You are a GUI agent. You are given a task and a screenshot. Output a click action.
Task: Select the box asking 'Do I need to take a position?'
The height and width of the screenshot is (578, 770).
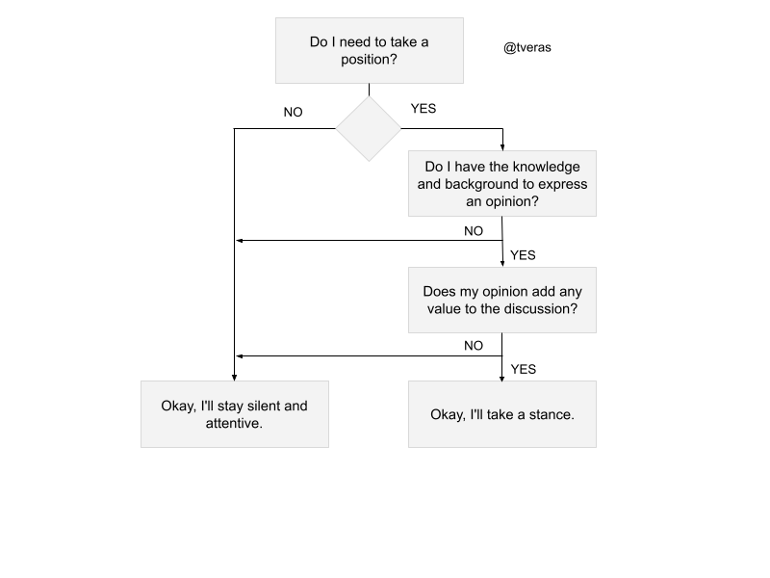tap(369, 50)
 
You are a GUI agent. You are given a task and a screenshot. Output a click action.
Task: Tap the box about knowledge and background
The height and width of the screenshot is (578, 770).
tap(501, 183)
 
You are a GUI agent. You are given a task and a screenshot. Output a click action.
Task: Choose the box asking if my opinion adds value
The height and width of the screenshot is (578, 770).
tap(501, 300)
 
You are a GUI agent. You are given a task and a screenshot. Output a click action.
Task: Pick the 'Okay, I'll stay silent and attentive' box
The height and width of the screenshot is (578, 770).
tap(234, 414)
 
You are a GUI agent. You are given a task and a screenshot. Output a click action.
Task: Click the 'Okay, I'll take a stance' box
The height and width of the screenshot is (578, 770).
tap(501, 414)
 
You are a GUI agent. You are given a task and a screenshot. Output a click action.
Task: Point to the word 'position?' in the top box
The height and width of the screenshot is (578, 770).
tap(369, 60)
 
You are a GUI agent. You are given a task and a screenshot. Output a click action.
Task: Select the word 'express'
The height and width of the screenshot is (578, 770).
tap(562, 184)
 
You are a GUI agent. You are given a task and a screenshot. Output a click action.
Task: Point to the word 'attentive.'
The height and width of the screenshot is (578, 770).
tap(234, 424)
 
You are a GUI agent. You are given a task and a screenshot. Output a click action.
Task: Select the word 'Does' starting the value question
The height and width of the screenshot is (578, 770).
tap(440, 291)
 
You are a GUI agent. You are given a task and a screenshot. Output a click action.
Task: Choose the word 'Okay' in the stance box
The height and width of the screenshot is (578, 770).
tap(447, 415)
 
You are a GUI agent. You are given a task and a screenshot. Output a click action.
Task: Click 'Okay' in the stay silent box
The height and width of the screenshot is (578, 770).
tap(178, 406)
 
